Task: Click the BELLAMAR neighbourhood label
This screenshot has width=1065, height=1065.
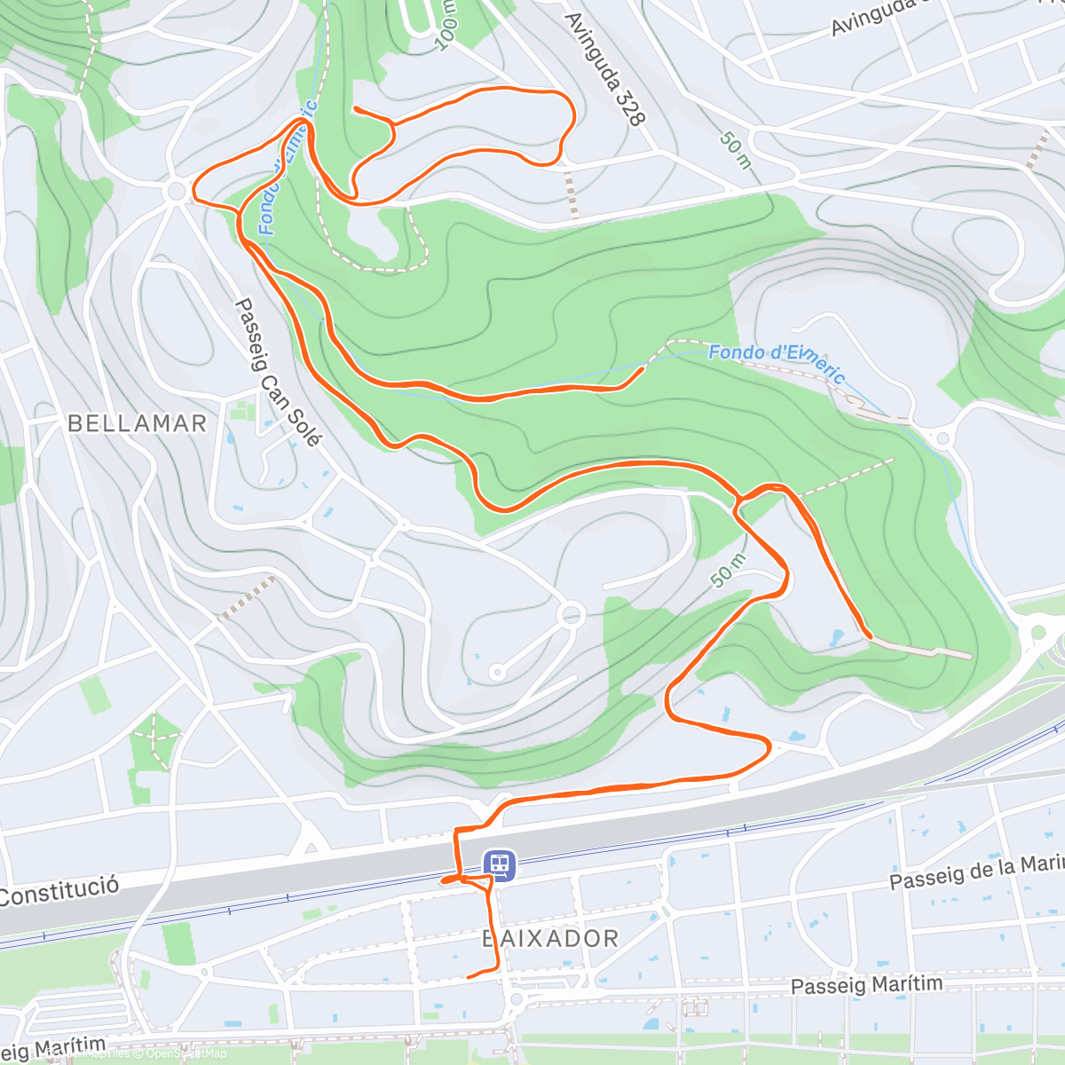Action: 137,423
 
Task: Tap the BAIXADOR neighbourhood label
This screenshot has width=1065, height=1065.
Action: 550,938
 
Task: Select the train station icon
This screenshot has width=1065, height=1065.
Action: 500,863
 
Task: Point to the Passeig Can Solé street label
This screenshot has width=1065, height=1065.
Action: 278,372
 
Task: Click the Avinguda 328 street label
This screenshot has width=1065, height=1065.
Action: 603,68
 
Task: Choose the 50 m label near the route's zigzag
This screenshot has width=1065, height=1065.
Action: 728,570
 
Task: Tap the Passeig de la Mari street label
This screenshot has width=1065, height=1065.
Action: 976,872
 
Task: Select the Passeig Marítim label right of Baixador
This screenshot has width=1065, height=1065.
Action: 866,985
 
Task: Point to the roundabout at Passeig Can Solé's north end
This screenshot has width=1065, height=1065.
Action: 177,190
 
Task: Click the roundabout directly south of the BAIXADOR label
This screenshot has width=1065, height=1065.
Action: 517,1000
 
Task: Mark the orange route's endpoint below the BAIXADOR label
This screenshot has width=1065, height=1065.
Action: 468,976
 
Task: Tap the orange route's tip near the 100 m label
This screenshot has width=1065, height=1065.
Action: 355,108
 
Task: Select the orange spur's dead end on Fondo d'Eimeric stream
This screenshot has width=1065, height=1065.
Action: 643,368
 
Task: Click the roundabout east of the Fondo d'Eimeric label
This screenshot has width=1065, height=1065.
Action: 943,438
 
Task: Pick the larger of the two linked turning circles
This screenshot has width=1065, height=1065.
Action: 572,614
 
